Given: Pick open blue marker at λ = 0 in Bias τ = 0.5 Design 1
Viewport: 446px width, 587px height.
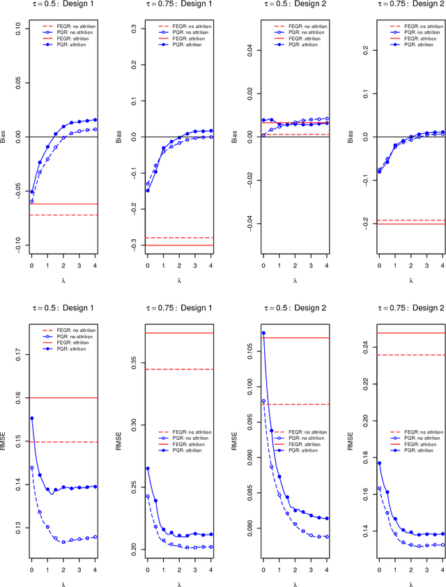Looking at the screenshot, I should click(31, 201).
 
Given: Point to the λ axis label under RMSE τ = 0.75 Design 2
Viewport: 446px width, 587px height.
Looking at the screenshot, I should click(410, 584).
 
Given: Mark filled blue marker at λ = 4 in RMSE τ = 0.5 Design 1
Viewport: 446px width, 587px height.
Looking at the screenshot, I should click(95, 487).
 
